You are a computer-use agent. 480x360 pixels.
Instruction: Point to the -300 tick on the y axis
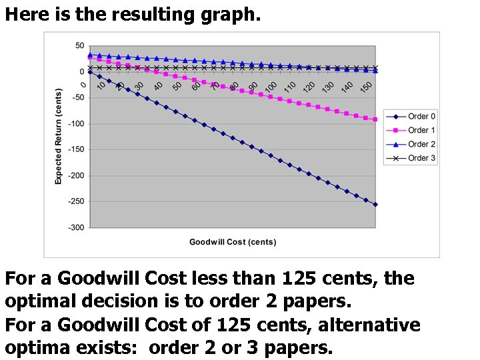coord(76,227)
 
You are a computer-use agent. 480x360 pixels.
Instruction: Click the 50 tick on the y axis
coord(79,46)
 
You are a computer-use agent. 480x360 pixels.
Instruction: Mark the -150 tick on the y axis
coord(76,150)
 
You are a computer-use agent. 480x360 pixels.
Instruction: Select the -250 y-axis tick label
coord(76,201)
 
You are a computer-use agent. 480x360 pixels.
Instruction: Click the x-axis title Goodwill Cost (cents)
coord(233,242)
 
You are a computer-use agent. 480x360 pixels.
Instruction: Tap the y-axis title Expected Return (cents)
coord(59,137)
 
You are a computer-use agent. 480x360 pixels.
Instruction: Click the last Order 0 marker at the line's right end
coord(375,205)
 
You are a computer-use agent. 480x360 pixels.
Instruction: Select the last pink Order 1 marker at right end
coord(375,119)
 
